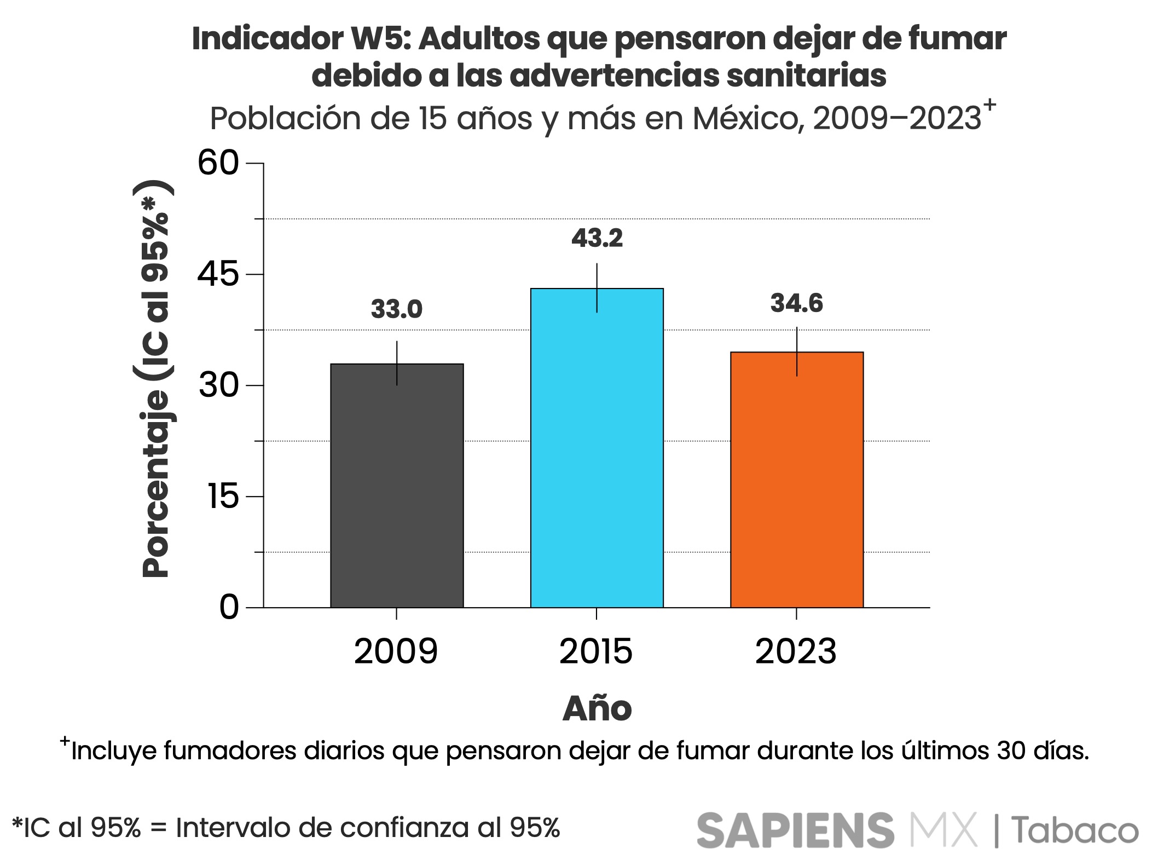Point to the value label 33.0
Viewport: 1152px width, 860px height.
pyautogui.click(x=397, y=309)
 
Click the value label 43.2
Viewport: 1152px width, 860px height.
pyautogui.click(x=597, y=239)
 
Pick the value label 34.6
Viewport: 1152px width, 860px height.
pyautogui.click(x=797, y=304)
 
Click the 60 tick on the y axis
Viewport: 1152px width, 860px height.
pyautogui.click(x=219, y=163)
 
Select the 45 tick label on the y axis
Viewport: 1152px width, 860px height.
pyautogui.click(x=219, y=274)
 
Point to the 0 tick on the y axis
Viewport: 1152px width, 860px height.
pyautogui.click(x=229, y=608)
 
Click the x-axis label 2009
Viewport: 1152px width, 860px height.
pyautogui.click(x=396, y=652)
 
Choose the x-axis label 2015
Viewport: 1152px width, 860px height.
pyautogui.click(x=596, y=652)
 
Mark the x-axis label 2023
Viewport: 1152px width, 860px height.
pyautogui.click(x=796, y=652)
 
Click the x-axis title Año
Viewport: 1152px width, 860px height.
pyautogui.click(x=597, y=709)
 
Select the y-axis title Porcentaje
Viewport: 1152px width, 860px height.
pyautogui.click(x=156, y=482)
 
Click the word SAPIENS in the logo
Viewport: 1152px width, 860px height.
pyautogui.click(x=795, y=830)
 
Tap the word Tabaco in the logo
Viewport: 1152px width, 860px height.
pyautogui.click(x=1074, y=830)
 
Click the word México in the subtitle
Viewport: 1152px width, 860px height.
pyautogui.click(x=749, y=119)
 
